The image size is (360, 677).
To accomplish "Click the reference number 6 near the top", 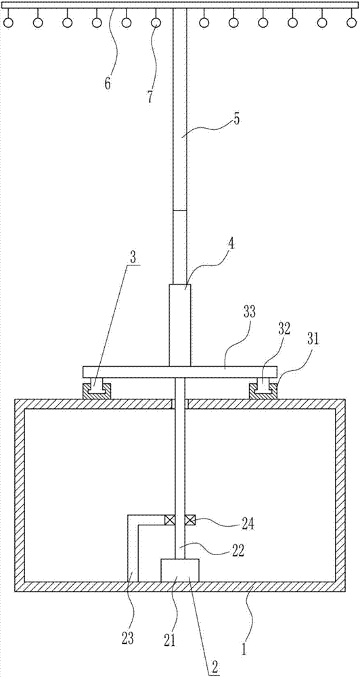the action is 108,83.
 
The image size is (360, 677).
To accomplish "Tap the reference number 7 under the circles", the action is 150,96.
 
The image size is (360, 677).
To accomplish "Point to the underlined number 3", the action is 133,257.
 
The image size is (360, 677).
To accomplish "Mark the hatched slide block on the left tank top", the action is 98,391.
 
